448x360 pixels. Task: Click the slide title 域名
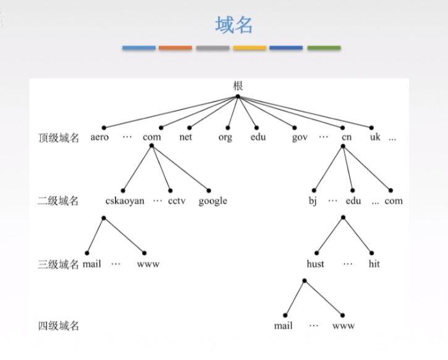(x=234, y=25)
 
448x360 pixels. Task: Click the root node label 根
(x=238, y=85)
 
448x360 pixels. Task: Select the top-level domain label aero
(x=99, y=137)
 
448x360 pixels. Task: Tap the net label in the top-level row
(x=186, y=137)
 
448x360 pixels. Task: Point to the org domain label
(x=225, y=137)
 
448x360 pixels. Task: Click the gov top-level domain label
(x=300, y=137)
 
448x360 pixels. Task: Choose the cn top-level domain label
(x=346, y=137)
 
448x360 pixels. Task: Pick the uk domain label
(x=375, y=137)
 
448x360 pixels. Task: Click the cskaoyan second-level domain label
(x=125, y=201)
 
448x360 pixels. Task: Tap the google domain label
(x=213, y=201)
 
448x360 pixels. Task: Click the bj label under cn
(x=313, y=201)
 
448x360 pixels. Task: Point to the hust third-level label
(x=315, y=264)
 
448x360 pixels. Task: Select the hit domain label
(x=374, y=264)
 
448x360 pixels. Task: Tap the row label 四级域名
(x=59, y=326)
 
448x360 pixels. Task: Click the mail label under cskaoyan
(x=91, y=264)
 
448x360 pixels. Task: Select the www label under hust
(x=344, y=326)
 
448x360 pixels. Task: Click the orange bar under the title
(x=175, y=48)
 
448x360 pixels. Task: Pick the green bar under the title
(x=324, y=48)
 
